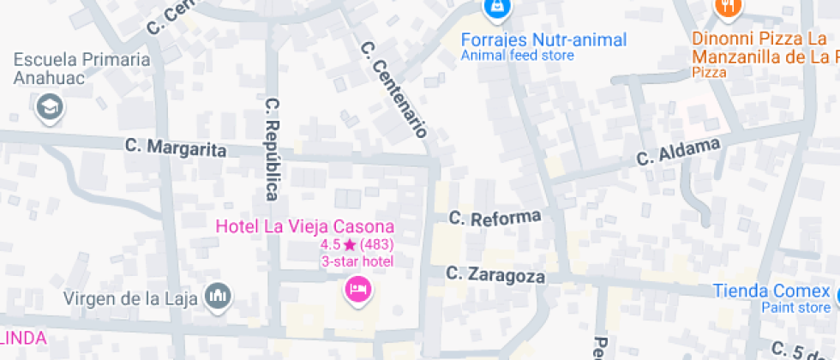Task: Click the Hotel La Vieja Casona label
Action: [305, 227]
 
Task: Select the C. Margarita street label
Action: [176, 147]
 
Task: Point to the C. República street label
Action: [273, 148]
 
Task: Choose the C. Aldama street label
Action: [677, 152]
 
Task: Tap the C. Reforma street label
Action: [495, 218]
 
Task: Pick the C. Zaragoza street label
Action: [495, 275]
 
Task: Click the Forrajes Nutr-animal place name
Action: [543, 39]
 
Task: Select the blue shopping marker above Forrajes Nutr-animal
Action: [495, 9]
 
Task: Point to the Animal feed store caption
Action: [517, 56]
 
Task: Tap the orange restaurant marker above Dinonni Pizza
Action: [727, 7]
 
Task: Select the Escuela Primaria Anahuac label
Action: [81, 69]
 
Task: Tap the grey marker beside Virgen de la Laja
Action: [219, 297]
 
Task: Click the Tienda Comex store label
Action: [771, 291]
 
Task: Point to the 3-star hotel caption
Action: [357, 261]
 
